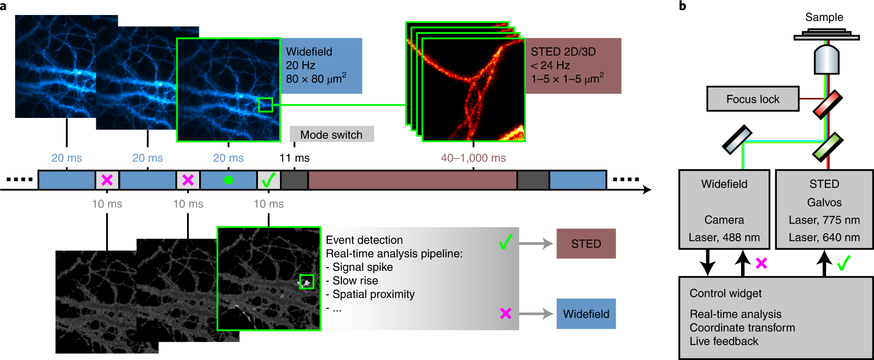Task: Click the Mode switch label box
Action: click(332, 134)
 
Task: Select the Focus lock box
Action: click(753, 99)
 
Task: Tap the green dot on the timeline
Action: click(228, 180)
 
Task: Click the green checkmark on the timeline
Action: click(268, 180)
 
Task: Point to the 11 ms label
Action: click(295, 158)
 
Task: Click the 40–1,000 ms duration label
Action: click(473, 158)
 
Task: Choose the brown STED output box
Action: click(586, 244)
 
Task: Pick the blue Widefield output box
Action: click(586, 314)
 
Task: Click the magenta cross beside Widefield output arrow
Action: click(506, 313)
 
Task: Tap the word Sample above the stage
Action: click(824, 17)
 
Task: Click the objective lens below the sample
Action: click(827, 60)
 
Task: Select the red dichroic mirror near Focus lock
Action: click(828, 105)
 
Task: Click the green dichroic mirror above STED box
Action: click(828, 147)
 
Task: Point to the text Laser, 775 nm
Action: click(824, 220)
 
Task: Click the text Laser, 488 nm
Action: click(724, 237)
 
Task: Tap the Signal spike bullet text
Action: click(360, 267)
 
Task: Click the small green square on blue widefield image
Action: click(265, 105)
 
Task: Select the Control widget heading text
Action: click(725, 293)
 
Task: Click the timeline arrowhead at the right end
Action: click(647, 190)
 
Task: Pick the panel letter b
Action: click(682, 6)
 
